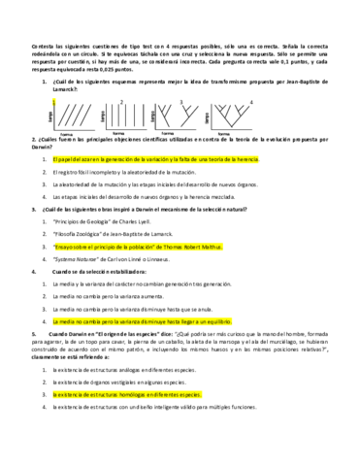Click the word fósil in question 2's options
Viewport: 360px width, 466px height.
(89, 171)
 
